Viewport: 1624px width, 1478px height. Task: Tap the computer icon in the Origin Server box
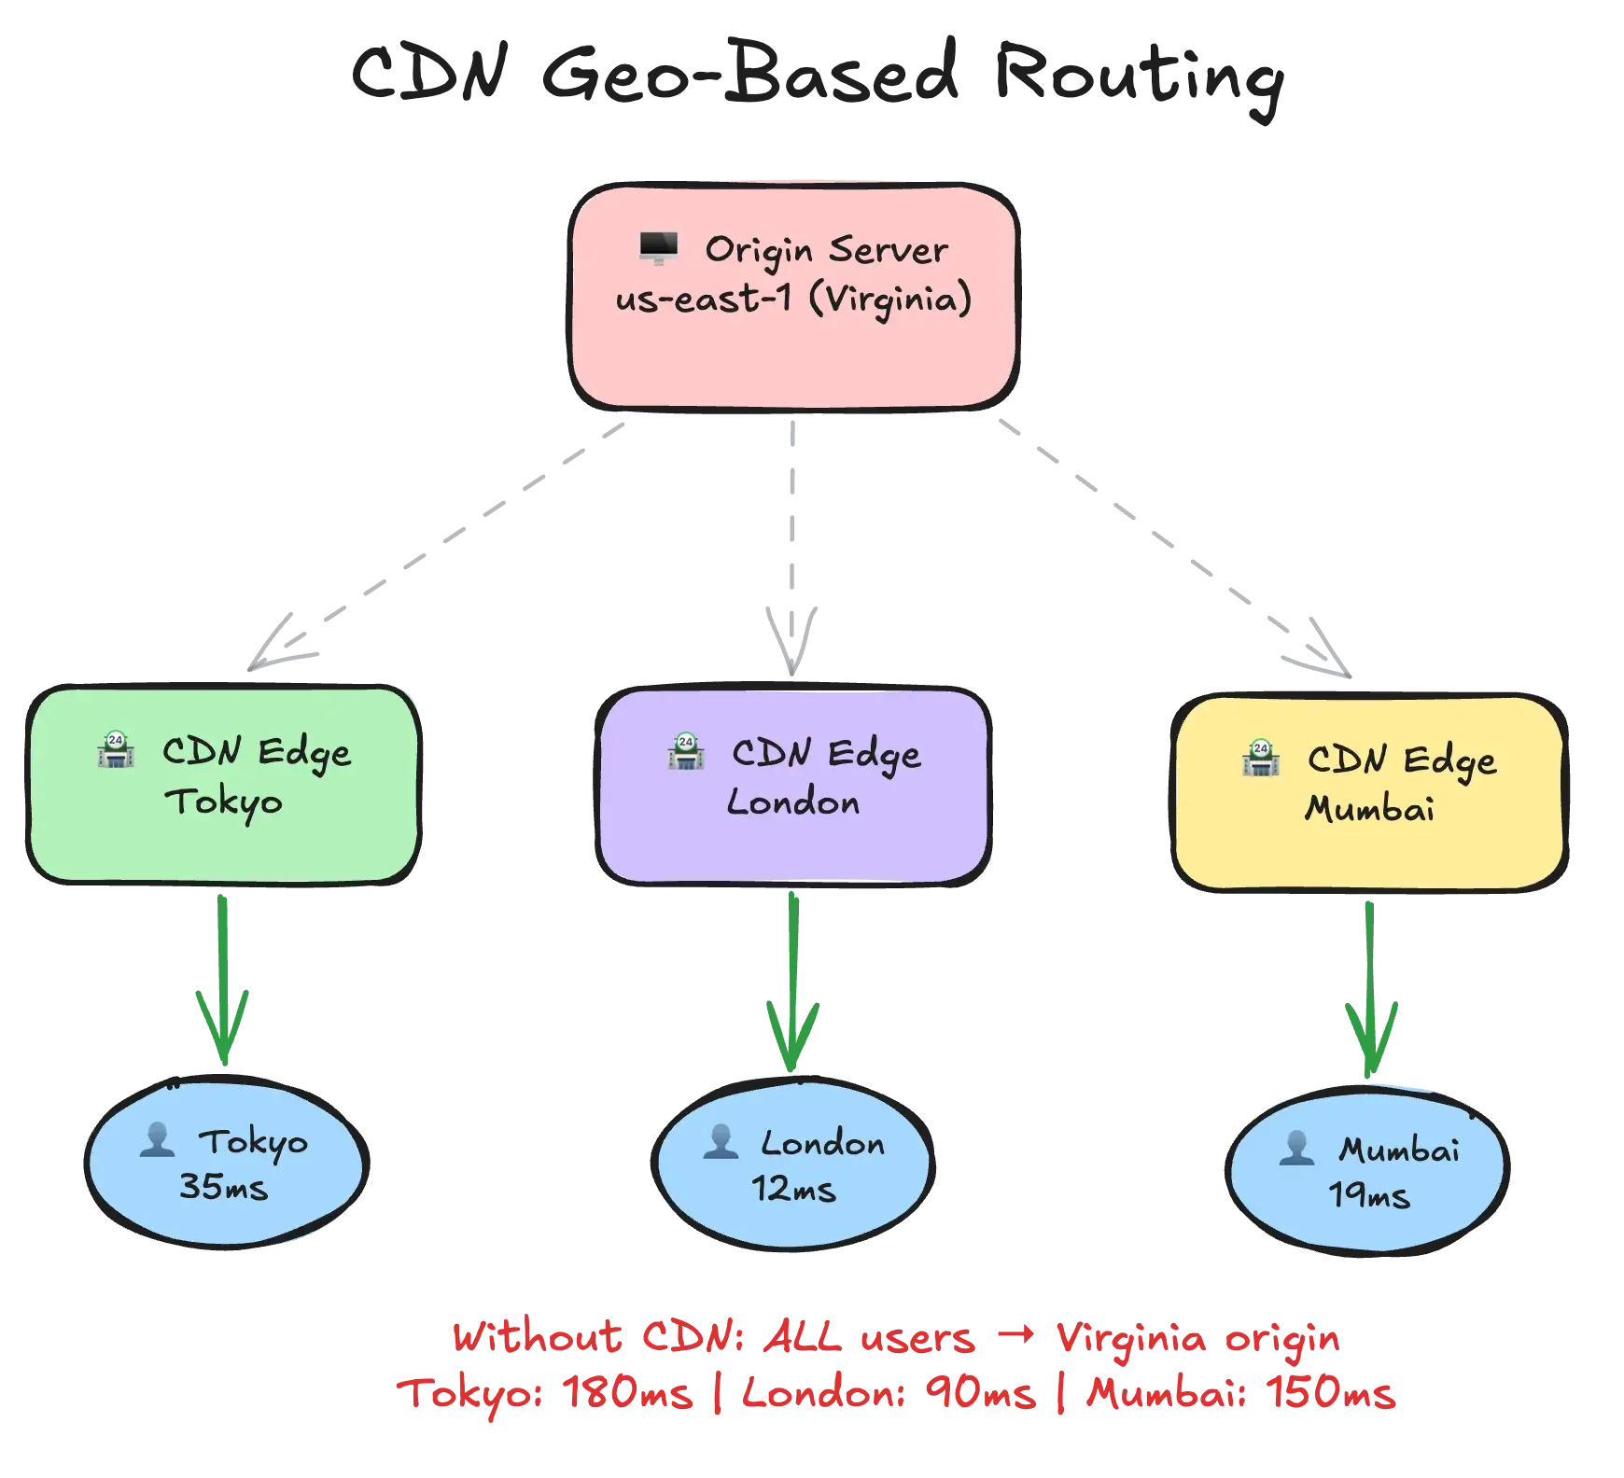[658, 249]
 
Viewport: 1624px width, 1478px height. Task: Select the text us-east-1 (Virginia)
[793, 300]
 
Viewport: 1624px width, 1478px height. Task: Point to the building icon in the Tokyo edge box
[116, 750]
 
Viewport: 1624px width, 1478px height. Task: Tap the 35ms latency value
[223, 1188]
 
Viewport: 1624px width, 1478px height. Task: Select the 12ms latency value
[793, 1190]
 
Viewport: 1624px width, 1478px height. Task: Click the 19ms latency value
[1368, 1195]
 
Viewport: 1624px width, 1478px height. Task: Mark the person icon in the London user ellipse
[721, 1142]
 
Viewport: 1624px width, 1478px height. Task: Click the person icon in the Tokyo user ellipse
[157, 1140]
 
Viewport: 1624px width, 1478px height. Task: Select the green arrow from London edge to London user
[792, 980]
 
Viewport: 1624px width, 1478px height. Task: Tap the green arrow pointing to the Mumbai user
[1370, 989]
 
